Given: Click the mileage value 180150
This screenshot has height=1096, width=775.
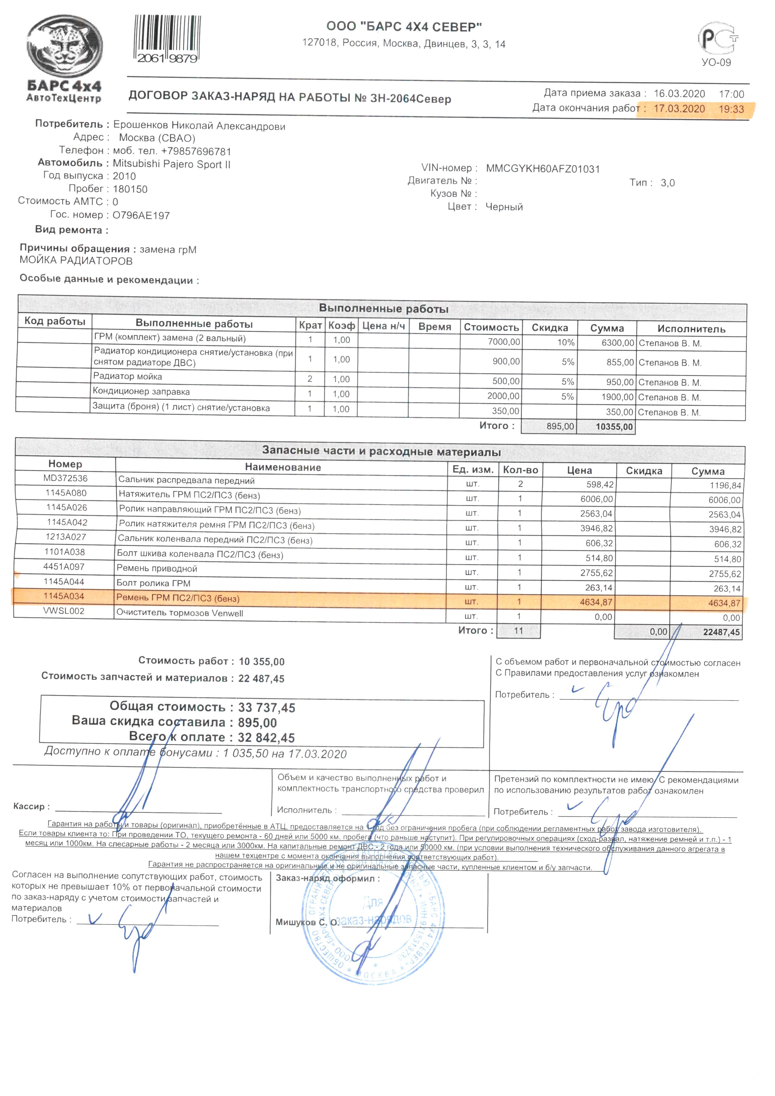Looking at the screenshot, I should (130, 189).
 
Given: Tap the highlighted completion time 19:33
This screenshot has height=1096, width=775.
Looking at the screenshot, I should (731, 109).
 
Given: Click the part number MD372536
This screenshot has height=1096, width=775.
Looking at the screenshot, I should (65, 478).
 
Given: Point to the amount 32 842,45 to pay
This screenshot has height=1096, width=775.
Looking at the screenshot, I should (266, 738).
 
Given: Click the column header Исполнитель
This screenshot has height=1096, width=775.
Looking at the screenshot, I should (691, 329).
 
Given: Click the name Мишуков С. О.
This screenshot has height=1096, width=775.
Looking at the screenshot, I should (307, 922).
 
